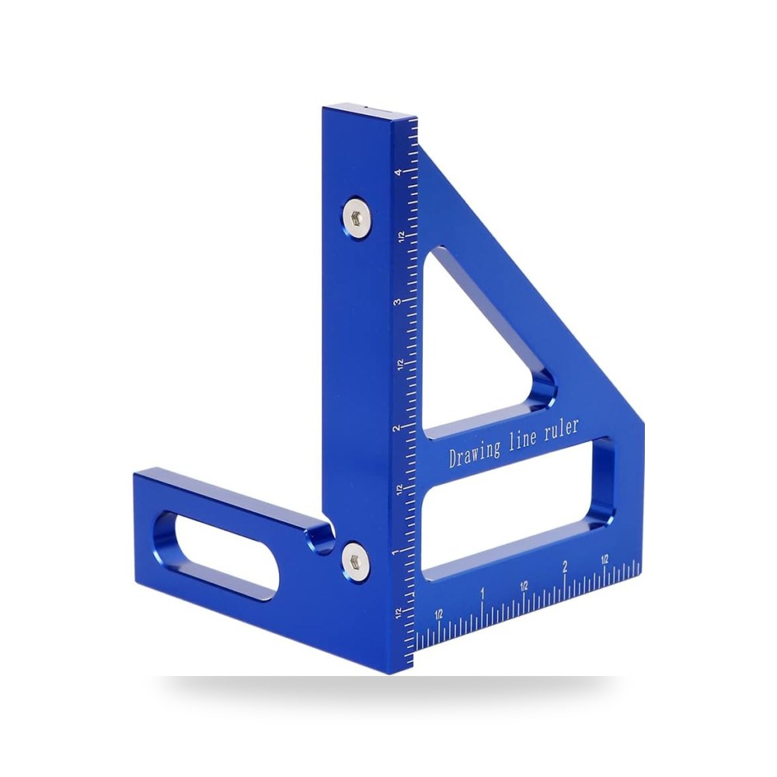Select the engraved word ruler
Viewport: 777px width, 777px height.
coord(562,428)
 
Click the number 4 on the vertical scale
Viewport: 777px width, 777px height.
coord(398,172)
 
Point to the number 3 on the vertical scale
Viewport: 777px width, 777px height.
coord(397,301)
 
